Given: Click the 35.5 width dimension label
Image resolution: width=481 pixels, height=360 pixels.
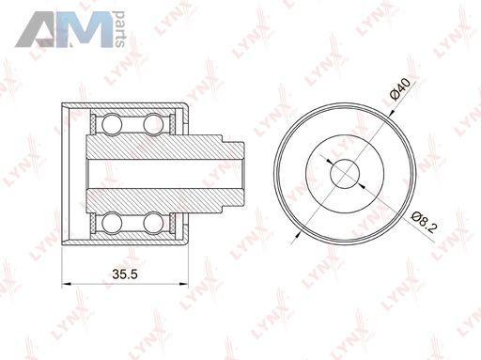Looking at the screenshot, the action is click(125, 274).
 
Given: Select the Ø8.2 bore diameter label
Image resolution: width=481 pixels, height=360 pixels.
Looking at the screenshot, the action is click(424, 222).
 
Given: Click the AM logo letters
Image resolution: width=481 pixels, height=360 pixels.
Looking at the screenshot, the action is click(64, 30).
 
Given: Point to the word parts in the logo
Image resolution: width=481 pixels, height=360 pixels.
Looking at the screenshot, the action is click(120, 29).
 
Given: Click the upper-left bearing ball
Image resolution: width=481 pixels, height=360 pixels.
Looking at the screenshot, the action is click(112, 124).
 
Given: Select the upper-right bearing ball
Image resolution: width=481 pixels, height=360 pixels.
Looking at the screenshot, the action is click(153, 124).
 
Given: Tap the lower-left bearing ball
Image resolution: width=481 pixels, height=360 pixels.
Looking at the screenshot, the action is click(112, 222).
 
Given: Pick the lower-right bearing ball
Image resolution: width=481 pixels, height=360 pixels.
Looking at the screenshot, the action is click(153, 222).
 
